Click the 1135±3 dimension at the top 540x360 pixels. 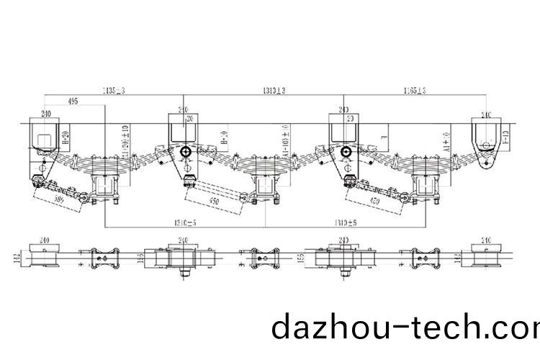pos(114,90)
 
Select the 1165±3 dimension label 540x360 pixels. pos(411,90)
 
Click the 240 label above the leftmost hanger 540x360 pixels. pos(45,114)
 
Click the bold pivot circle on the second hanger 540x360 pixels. pos(186,152)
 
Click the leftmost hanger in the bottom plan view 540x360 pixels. pos(45,256)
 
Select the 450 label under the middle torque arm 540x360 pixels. pos(215,201)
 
